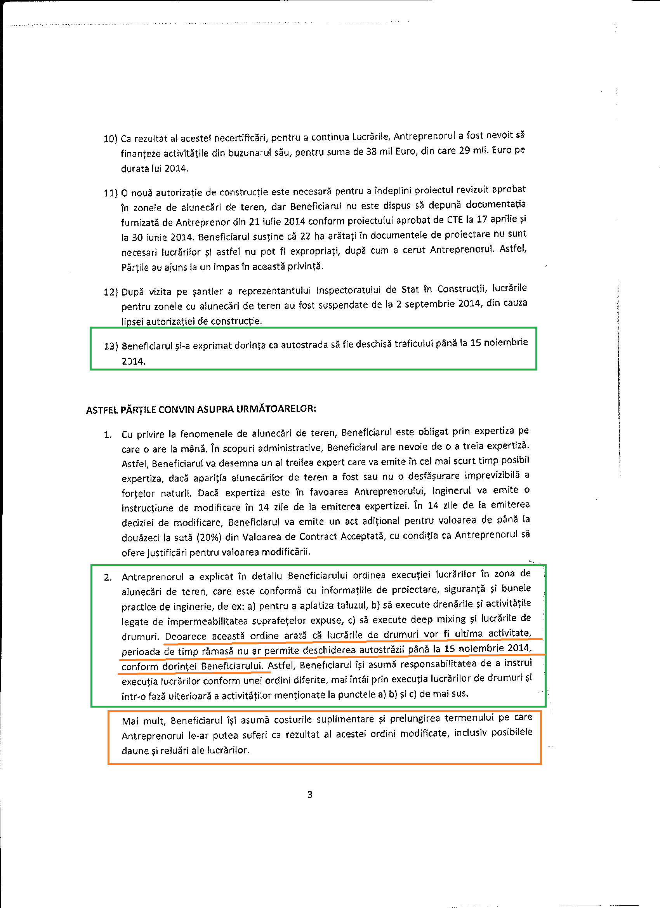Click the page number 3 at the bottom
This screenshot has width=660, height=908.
310,795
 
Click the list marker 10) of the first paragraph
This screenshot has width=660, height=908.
110,139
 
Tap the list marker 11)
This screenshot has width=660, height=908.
110,193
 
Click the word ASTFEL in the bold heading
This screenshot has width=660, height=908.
102,411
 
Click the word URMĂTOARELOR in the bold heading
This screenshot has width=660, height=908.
275,409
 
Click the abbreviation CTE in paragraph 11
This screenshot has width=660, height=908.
455,219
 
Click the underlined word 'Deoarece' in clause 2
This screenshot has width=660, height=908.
185,636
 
